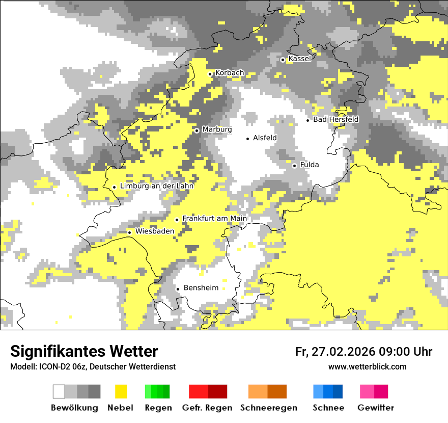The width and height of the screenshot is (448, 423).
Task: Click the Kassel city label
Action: tap(299, 59)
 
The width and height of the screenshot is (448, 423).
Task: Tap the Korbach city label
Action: tap(230, 73)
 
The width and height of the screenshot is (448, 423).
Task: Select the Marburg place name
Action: tap(217, 129)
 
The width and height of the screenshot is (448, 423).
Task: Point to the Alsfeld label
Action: tap(265, 138)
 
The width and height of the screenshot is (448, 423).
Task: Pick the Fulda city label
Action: tap(310, 165)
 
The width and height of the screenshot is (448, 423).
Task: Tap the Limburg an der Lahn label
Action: tap(157, 186)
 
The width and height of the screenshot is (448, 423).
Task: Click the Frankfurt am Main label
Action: tap(214, 219)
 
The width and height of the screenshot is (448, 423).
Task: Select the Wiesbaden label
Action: tap(155, 231)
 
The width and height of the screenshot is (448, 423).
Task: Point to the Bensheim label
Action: tap(201, 288)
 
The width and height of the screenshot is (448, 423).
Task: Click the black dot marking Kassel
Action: tap(283, 60)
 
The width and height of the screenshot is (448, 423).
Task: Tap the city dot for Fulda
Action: tap(294, 166)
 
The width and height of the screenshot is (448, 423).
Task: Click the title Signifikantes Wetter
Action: tap(84, 351)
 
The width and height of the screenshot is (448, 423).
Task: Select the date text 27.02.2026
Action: tap(342, 352)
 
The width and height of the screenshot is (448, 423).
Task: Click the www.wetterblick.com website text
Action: tap(367, 366)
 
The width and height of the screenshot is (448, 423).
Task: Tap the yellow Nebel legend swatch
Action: tap(121, 391)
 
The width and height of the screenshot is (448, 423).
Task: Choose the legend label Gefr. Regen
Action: tap(207, 408)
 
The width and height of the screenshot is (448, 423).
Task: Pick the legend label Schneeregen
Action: tap(269, 408)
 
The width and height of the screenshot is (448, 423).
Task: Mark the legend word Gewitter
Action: tap(376, 408)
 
